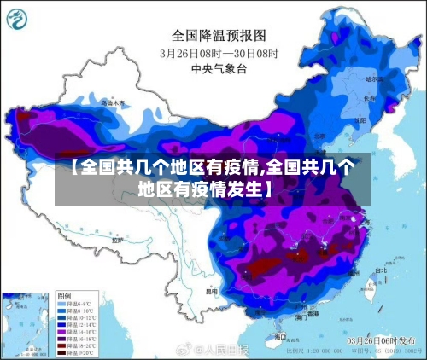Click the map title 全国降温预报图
219,36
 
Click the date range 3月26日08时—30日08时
219,52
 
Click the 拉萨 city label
119,241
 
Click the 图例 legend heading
64,294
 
